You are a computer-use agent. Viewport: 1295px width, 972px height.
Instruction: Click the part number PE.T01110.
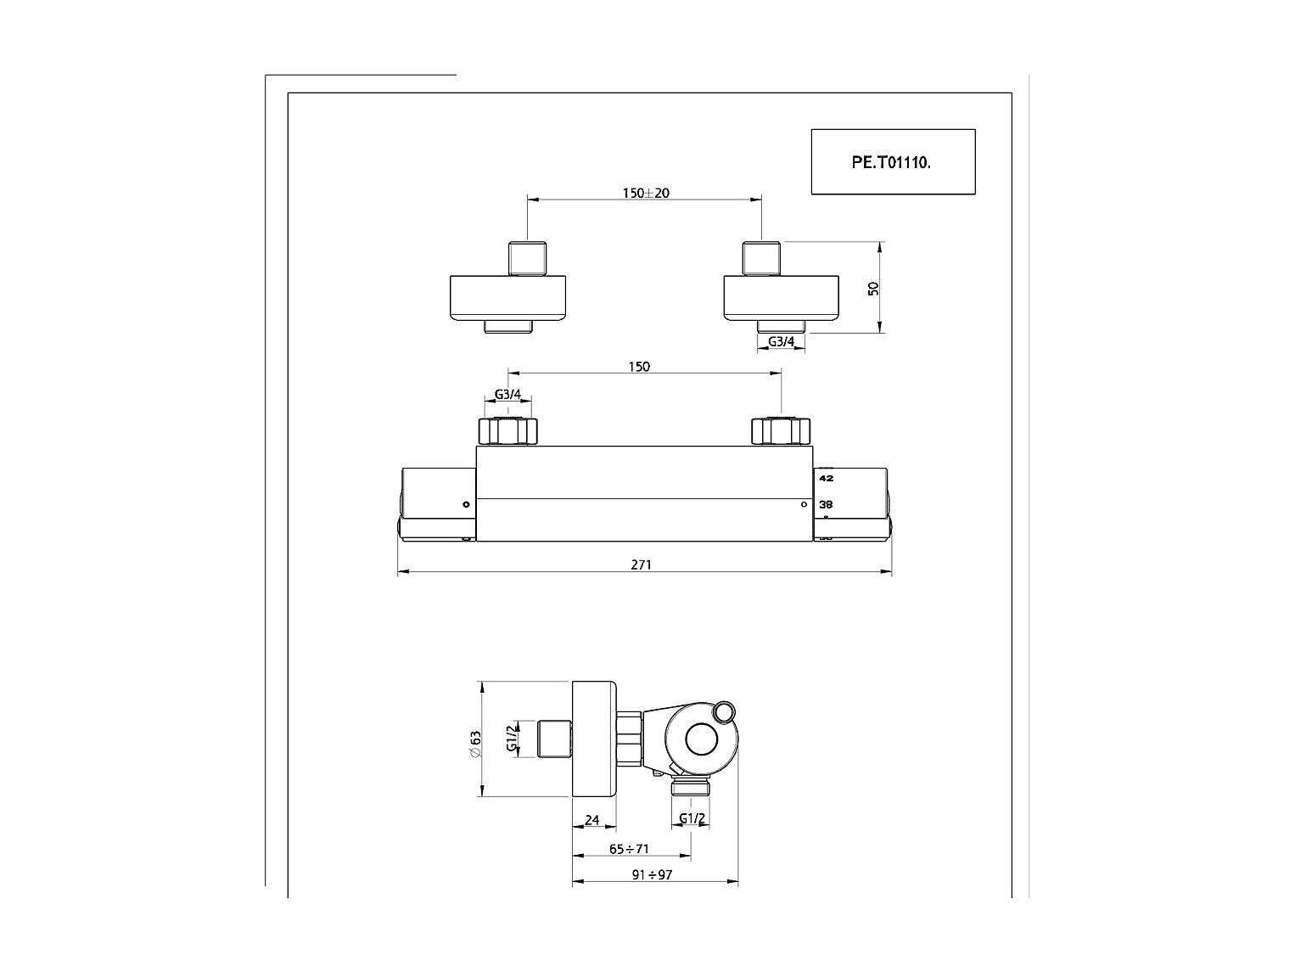[x=891, y=162]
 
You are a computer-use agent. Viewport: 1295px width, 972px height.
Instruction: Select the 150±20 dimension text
[x=646, y=193]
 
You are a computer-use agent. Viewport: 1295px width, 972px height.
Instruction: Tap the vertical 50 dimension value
[x=873, y=288]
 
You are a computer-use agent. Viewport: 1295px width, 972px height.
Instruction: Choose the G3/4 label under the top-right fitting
[x=781, y=341]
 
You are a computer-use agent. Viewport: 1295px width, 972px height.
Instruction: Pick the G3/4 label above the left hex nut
[x=507, y=395]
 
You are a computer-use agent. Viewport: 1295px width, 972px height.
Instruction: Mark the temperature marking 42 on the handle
[x=826, y=478]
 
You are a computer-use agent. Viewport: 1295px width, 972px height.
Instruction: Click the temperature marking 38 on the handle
[x=826, y=504]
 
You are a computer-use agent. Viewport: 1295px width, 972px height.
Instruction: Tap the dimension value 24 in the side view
[x=592, y=820]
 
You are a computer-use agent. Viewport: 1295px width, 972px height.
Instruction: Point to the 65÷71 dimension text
[x=629, y=849]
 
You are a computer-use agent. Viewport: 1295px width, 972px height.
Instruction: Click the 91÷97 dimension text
[x=653, y=874]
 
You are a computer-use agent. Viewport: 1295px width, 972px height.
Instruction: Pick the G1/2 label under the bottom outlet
[x=692, y=819]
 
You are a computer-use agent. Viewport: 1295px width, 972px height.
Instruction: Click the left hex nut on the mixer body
[x=508, y=431]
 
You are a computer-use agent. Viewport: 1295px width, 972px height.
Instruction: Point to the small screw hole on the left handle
[x=466, y=504]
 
